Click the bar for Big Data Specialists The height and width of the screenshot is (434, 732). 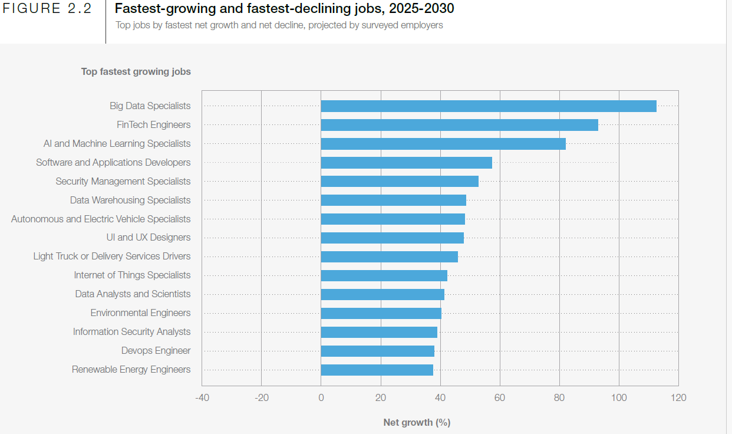(488, 106)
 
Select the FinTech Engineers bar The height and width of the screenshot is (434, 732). (459, 125)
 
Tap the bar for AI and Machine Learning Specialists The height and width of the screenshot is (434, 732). (443, 144)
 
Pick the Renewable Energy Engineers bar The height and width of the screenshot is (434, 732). (377, 370)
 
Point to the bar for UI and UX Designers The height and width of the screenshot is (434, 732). (392, 238)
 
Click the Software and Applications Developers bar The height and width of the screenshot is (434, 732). (406, 163)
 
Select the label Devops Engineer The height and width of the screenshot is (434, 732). (156, 351)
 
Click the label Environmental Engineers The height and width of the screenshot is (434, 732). (140, 313)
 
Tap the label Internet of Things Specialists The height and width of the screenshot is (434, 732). (132, 275)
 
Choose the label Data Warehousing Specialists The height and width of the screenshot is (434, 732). (130, 200)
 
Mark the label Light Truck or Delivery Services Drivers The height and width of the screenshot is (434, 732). (112, 257)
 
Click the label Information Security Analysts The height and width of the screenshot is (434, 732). (131, 332)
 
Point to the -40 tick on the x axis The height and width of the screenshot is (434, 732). (202, 398)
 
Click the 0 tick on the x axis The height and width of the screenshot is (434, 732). (321, 398)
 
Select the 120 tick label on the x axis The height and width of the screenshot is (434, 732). (678, 398)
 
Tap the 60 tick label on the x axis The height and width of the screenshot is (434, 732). (500, 398)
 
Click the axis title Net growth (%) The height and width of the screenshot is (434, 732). (417, 422)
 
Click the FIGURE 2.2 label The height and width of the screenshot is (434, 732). (48, 9)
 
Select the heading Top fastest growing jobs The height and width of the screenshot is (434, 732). (136, 72)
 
